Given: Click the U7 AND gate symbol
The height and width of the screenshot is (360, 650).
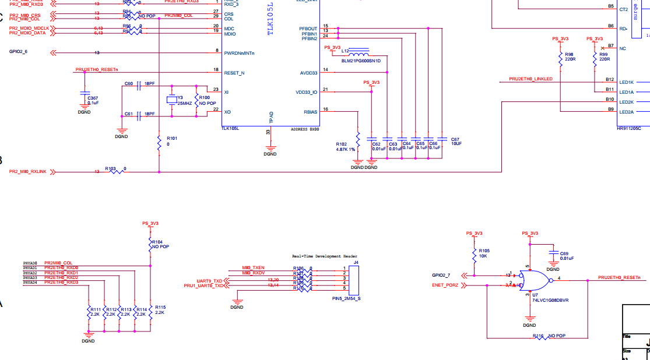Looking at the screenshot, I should (534, 280).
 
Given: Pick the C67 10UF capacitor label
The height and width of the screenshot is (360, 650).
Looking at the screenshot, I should (456, 141).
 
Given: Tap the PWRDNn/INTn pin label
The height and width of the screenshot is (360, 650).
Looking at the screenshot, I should (239, 53).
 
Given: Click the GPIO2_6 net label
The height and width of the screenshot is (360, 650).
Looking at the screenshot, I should (18, 52).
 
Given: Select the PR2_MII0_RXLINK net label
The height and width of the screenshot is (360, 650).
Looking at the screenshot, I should (27, 172).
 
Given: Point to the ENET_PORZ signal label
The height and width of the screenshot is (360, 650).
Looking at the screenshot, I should (445, 285).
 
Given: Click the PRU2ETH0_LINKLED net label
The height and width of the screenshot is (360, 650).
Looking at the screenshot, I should (530, 79).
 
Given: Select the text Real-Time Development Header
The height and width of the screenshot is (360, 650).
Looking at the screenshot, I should (325, 256).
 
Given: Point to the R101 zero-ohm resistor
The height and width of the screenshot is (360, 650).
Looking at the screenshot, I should (159, 142).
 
